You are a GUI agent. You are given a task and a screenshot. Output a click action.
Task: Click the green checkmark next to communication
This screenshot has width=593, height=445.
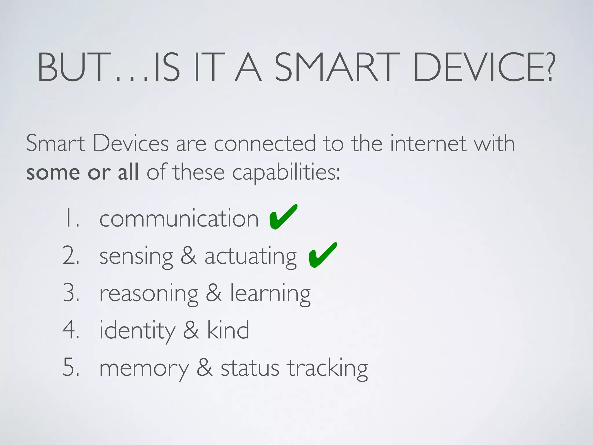coord(282,217)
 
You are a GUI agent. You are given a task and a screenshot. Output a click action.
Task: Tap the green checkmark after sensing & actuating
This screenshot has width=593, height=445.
coord(322,255)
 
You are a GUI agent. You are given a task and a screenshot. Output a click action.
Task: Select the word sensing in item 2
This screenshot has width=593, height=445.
coord(136,257)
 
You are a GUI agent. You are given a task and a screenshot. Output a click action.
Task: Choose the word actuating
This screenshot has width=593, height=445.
coord(250,257)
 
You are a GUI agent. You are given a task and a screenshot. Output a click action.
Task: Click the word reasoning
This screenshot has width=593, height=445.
coord(149,294)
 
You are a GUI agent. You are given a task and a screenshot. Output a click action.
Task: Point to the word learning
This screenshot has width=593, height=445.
coord(270,294)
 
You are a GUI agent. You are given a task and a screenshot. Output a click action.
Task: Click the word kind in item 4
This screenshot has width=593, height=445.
coord(228,330)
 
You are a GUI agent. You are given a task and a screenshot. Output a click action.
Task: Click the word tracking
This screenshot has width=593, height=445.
coord(327,368)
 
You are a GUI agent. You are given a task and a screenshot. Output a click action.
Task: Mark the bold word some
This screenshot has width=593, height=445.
coord(53,173)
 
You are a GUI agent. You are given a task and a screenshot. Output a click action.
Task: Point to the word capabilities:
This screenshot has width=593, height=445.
coord(286,173)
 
